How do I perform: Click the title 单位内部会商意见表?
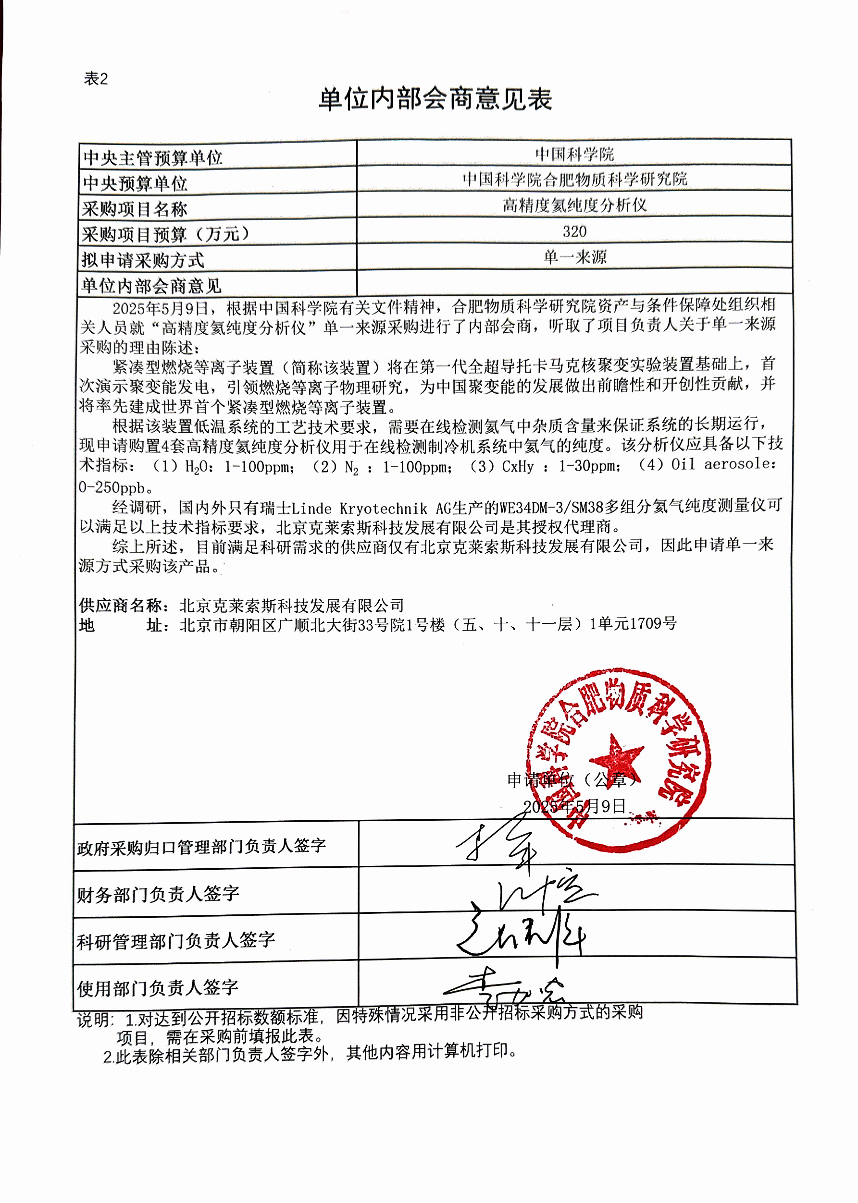(x=435, y=99)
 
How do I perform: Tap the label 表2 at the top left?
(x=96, y=79)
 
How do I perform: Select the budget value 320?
(x=574, y=231)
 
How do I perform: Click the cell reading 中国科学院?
(x=574, y=154)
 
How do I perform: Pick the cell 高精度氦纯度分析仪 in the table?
(x=574, y=205)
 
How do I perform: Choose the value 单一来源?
(x=574, y=257)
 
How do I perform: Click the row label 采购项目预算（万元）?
(x=165, y=234)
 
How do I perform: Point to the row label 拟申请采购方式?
(x=143, y=260)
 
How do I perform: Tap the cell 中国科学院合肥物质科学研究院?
(x=574, y=180)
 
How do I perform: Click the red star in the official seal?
(x=616, y=759)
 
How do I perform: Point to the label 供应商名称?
(x=123, y=606)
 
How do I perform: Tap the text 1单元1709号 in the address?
(x=633, y=624)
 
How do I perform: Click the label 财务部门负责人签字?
(x=158, y=894)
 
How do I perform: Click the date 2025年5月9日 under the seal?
(x=574, y=806)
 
